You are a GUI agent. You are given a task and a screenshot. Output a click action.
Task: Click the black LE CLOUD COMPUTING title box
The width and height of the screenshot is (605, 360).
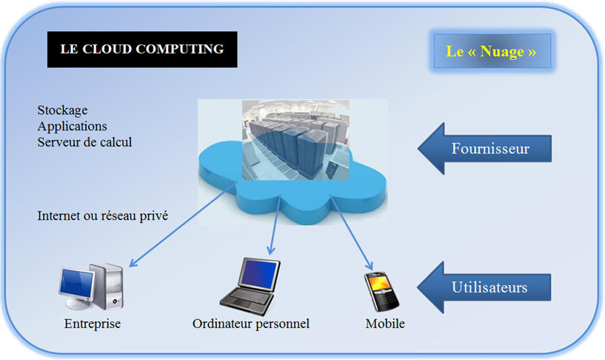[142, 50]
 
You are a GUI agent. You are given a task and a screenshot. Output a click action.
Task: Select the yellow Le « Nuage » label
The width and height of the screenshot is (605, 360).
[492, 51]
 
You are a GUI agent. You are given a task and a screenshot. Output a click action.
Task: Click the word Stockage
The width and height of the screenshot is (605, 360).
[62, 110]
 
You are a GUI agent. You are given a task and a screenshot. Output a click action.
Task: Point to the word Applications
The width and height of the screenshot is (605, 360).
[72, 126]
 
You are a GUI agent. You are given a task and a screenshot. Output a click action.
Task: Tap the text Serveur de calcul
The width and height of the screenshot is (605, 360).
[84, 142]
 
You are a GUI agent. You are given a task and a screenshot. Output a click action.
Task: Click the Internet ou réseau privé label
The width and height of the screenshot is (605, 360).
[103, 216]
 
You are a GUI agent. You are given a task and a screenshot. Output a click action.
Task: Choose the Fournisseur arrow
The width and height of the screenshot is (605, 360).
[484, 149]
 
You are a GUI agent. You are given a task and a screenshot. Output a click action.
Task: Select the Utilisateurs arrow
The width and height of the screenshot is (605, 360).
[484, 287]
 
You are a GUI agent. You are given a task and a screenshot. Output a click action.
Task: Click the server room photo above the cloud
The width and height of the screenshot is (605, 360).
[295, 140]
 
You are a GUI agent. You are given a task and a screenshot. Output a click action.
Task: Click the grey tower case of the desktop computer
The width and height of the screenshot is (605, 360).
[107, 287]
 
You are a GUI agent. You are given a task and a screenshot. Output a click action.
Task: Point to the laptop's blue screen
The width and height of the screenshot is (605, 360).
[259, 274]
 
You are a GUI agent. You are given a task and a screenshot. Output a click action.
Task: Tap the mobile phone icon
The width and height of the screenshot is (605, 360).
[381, 291]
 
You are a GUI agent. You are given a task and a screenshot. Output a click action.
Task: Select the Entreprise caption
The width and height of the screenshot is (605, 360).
[93, 324]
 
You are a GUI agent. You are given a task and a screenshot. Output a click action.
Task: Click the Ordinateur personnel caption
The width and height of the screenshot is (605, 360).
[251, 324]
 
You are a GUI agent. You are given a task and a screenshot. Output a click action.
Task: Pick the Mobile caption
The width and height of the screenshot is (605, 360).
[385, 324]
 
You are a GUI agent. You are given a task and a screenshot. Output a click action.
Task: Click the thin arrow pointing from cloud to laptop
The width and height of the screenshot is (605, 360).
[275, 225]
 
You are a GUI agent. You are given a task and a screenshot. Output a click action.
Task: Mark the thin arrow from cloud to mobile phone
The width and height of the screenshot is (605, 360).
[351, 233]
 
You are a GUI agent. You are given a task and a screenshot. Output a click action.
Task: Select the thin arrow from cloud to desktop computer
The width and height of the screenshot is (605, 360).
[182, 224]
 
